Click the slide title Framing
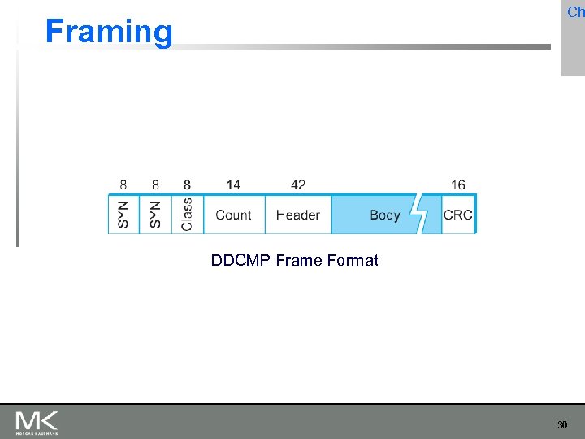pyautogui.click(x=109, y=32)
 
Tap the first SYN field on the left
pyautogui.click(x=123, y=214)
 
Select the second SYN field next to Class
pyautogui.click(x=155, y=214)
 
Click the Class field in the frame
pyautogui.click(x=187, y=214)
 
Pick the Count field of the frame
pyautogui.click(x=233, y=215)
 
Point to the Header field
pyautogui.click(x=297, y=215)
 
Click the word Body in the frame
pyautogui.click(x=384, y=215)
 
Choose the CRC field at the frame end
pyautogui.click(x=457, y=215)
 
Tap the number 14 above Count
pyautogui.click(x=233, y=185)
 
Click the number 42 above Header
pyautogui.click(x=297, y=185)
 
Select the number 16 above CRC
pyautogui.click(x=458, y=185)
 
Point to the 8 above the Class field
pyautogui.click(x=187, y=185)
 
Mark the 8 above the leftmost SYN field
pyautogui.click(x=123, y=185)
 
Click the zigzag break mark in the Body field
pyautogui.click(x=420, y=214)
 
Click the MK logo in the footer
pyautogui.click(x=37, y=422)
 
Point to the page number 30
pyautogui.click(x=562, y=425)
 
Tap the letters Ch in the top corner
pyautogui.click(x=575, y=12)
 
